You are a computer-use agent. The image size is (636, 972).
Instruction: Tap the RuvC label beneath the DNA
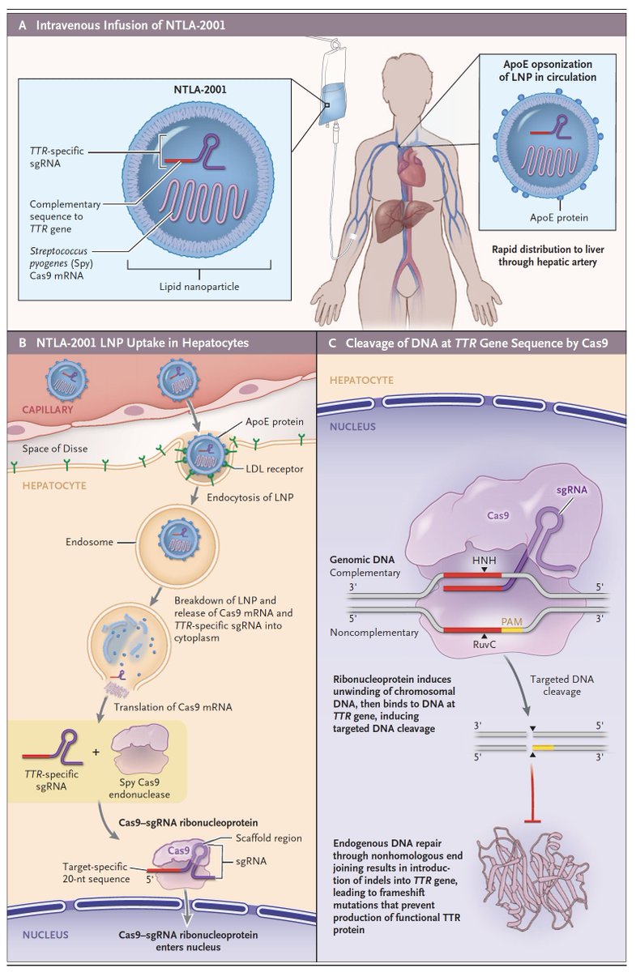tap(485, 648)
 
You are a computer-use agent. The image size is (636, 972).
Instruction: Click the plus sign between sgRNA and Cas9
tap(96, 751)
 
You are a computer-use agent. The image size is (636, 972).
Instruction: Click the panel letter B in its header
tap(25, 343)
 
